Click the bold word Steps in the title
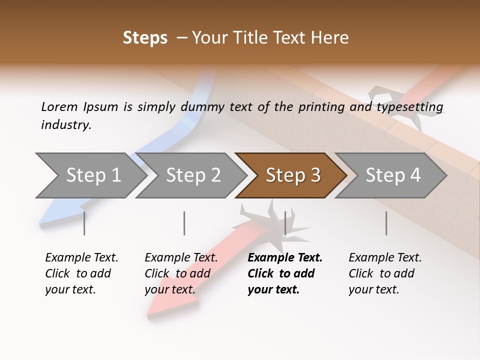[x=145, y=38]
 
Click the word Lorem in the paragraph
[x=59, y=106]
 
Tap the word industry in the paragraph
[x=65, y=125]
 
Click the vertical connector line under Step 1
[x=84, y=223]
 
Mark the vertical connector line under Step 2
[x=184, y=223]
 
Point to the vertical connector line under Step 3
[x=285, y=223]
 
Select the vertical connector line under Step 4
[x=386, y=223]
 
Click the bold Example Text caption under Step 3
[x=284, y=273]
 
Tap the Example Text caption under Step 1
[x=81, y=273]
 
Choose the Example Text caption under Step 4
[x=385, y=273]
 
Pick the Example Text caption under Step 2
[x=181, y=273]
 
